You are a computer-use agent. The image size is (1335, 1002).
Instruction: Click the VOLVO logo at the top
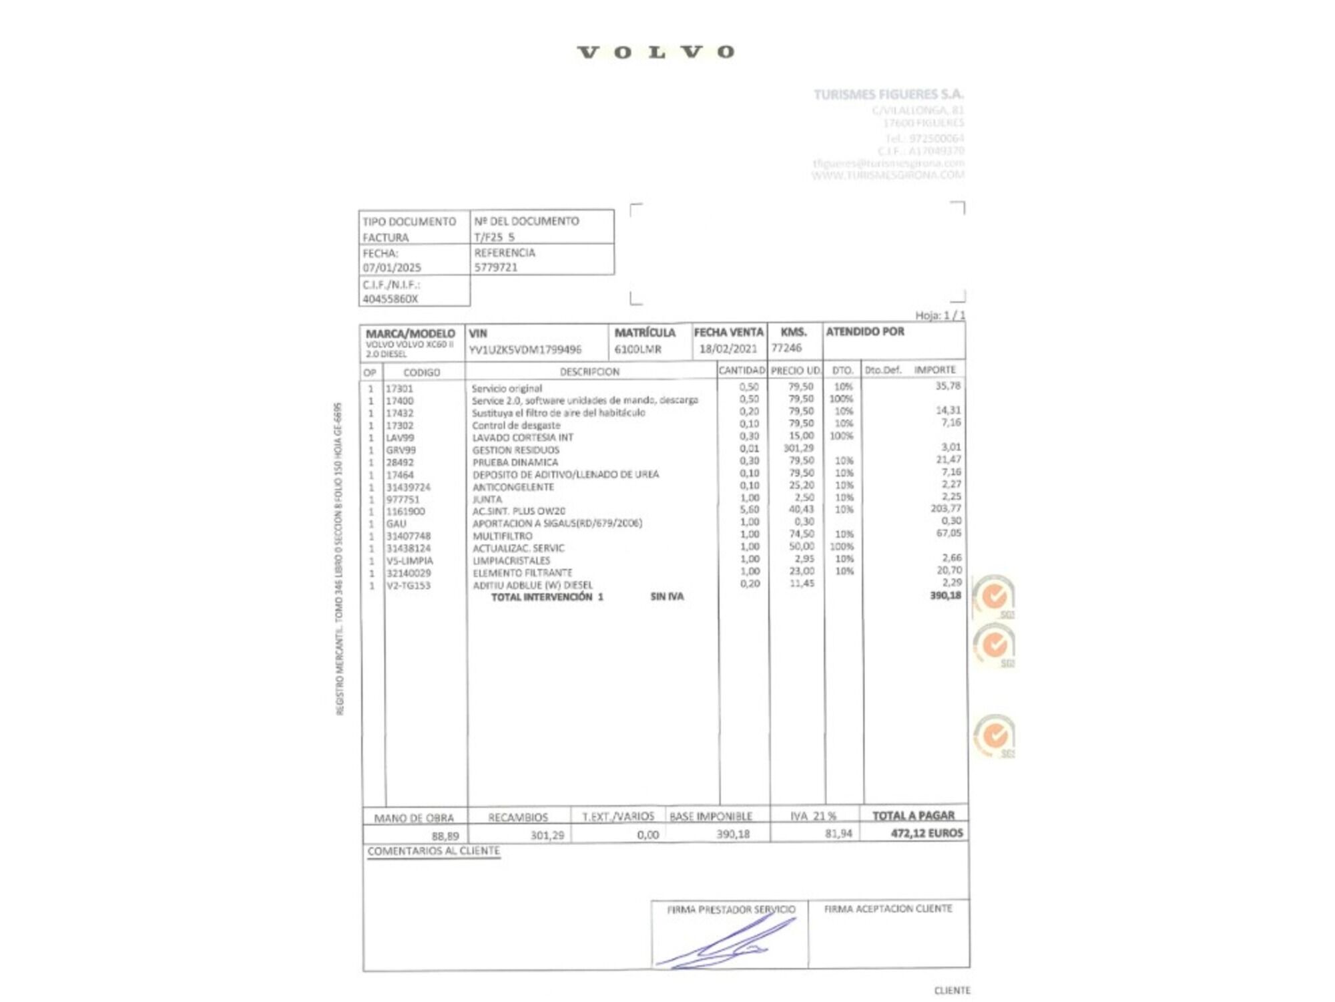click(655, 52)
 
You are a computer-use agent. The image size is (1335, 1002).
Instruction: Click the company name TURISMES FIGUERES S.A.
click(888, 94)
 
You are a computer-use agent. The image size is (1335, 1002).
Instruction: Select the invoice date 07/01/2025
click(392, 267)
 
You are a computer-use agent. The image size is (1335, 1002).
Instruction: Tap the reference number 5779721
click(495, 267)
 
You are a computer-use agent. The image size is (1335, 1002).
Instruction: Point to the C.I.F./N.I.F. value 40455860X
click(390, 299)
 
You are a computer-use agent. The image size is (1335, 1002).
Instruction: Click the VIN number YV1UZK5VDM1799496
click(525, 349)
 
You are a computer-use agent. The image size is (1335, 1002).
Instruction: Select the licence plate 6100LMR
click(637, 349)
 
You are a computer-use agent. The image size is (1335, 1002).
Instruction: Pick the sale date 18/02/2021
click(728, 349)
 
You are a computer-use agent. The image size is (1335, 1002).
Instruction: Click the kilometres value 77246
click(786, 348)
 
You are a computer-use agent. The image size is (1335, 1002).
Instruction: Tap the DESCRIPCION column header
click(589, 371)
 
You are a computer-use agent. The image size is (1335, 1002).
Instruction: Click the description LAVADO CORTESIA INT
click(523, 438)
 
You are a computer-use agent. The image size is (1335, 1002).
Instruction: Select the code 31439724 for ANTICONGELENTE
click(409, 487)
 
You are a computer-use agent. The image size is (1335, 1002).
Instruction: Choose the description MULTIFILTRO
click(503, 536)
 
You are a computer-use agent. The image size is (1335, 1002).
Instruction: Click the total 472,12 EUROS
click(926, 833)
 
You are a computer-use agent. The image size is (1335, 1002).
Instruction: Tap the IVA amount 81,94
click(838, 834)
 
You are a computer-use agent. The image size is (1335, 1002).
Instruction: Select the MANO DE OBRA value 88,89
click(445, 836)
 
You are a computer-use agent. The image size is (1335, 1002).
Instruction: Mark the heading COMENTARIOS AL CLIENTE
click(433, 851)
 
